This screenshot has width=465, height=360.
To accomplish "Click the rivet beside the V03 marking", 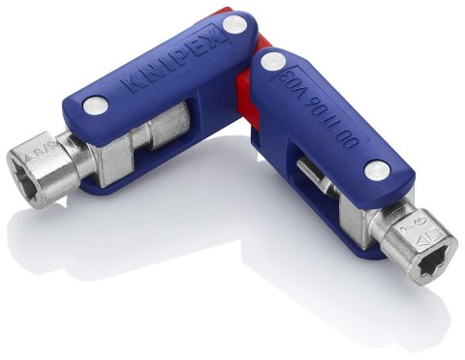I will click(273, 61).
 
